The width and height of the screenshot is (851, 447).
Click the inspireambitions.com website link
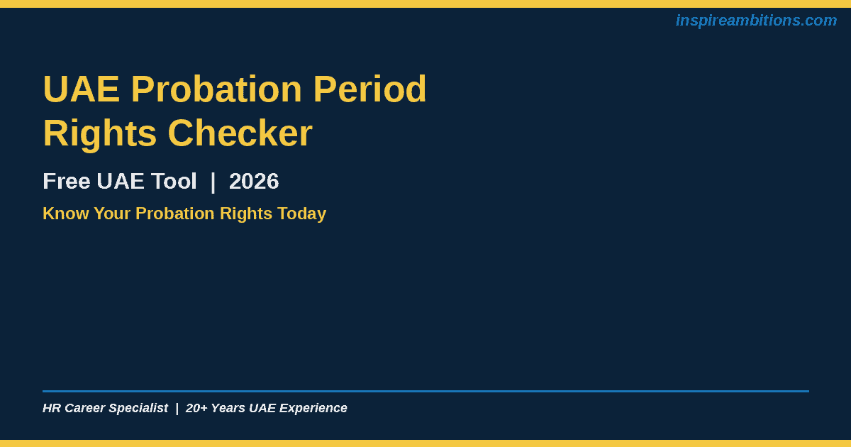point(756,21)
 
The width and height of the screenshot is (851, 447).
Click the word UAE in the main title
point(82,89)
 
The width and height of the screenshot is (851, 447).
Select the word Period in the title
point(369,89)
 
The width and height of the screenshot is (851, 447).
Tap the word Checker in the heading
point(240,133)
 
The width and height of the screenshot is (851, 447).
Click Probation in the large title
point(216,89)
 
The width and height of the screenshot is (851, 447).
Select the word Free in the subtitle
point(67,182)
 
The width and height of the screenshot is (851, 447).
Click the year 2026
point(254,182)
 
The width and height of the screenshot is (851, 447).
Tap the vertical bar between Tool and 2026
point(213,182)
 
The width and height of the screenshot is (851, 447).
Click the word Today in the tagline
point(301,214)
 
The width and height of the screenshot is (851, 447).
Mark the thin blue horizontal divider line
point(426,391)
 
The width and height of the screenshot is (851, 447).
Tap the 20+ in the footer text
point(196,408)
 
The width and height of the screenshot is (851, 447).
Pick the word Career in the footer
point(85,408)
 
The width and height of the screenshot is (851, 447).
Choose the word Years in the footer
point(228,408)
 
